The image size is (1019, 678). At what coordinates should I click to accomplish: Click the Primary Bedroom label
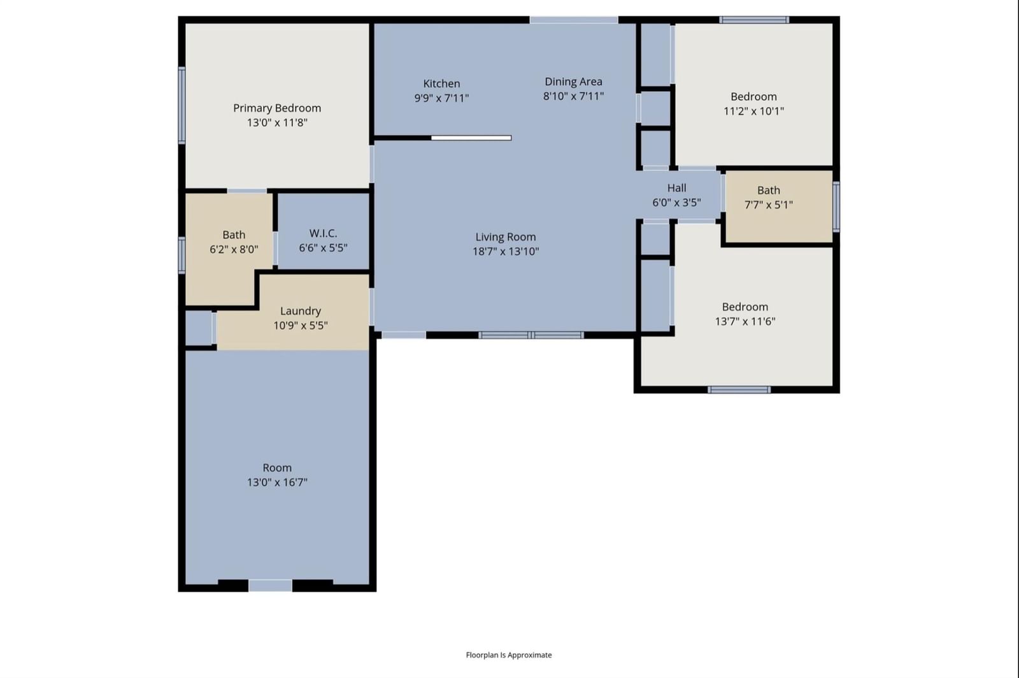click(277, 108)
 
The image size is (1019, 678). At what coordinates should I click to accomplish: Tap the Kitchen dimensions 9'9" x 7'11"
click(441, 98)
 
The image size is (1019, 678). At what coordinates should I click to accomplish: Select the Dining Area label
click(573, 82)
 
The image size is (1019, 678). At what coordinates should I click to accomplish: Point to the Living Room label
click(506, 236)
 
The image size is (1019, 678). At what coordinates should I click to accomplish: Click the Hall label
click(676, 188)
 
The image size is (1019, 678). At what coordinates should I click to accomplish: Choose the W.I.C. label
click(323, 233)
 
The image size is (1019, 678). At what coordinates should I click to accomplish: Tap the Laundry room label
click(300, 311)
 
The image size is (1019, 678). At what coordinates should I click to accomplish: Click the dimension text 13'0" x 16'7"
click(277, 482)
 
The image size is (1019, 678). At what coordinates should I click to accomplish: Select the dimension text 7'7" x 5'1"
click(768, 205)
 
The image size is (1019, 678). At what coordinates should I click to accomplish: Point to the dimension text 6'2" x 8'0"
click(234, 249)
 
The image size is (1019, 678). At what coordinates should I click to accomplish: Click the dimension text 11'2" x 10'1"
click(754, 111)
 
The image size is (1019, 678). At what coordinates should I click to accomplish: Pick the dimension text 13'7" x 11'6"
click(745, 321)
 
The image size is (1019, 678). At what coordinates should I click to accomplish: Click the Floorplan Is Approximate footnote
click(509, 655)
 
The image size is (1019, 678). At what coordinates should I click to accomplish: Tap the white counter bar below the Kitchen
click(471, 138)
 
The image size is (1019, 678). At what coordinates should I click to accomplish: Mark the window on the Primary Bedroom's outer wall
click(182, 105)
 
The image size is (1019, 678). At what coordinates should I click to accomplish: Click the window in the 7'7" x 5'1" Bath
click(836, 206)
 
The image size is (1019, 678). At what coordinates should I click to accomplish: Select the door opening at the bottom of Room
click(270, 586)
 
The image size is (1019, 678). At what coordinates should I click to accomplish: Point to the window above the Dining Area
click(574, 20)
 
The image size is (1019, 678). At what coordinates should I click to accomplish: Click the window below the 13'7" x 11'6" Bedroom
click(739, 389)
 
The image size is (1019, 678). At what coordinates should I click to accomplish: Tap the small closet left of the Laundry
click(198, 328)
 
